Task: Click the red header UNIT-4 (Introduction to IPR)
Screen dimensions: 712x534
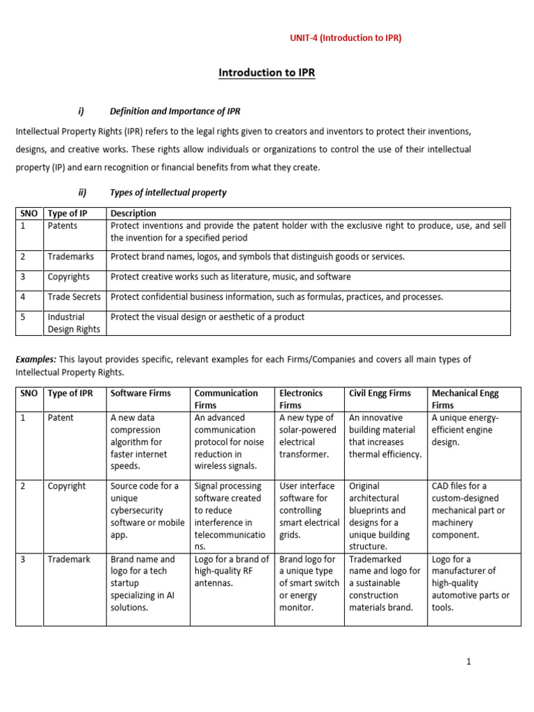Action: tap(346, 38)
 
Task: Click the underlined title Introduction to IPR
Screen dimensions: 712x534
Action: tap(267, 72)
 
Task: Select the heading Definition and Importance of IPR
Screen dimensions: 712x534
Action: tap(175, 111)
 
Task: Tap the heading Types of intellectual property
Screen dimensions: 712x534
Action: tap(168, 193)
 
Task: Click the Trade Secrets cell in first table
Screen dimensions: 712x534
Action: tap(74, 297)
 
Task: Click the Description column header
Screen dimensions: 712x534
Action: tap(133, 213)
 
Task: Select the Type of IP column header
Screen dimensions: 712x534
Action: tap(67, 213)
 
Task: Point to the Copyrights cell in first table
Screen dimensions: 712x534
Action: tap(69, 277)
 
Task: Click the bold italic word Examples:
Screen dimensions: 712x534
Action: tap(36, 359)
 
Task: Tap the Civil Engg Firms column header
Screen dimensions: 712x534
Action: tap(380, 394)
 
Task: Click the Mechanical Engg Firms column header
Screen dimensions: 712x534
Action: tap(464, 398)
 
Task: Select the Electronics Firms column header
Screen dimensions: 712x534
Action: tap(301, 398)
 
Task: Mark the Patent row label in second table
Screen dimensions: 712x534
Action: tap(60, 418)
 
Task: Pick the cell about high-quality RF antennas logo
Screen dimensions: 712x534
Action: tap(232, 571)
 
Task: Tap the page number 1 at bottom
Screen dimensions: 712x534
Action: tap(469, 661)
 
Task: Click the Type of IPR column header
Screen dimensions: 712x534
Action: tap(70, 394)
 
